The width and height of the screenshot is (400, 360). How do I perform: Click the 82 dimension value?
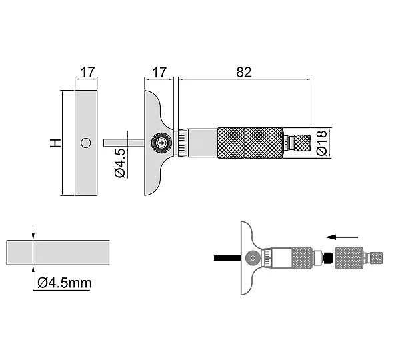pos(244,72)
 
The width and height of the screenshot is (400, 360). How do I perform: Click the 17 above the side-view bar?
pos(88,72)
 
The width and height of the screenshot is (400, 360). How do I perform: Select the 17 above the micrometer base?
pos(159,72)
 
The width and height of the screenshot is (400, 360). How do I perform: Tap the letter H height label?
pos(55,143)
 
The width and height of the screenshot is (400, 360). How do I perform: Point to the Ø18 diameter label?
pos(321,143)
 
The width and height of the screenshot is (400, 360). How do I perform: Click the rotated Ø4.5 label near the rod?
pos(120,163)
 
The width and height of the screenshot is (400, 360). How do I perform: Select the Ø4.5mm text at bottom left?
pos(65,283)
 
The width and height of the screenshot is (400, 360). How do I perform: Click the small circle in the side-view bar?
pos(86,143)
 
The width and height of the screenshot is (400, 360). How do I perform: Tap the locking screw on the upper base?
pos(161,143)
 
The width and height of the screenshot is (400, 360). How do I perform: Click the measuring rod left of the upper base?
pos(124,143)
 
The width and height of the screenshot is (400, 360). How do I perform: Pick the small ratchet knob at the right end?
pos(302,143)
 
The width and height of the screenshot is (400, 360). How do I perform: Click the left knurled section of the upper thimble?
pos(231,143)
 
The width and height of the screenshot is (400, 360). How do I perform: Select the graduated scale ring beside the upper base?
pos(183,143)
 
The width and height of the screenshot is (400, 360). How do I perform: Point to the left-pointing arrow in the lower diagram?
pos(342,237)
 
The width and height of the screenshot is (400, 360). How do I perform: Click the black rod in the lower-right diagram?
pos(227,258)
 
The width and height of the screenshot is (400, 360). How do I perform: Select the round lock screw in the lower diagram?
pos(253,258)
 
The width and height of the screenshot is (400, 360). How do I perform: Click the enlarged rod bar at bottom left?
pos(58,253)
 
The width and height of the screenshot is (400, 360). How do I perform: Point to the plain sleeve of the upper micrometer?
pos(203,143)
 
